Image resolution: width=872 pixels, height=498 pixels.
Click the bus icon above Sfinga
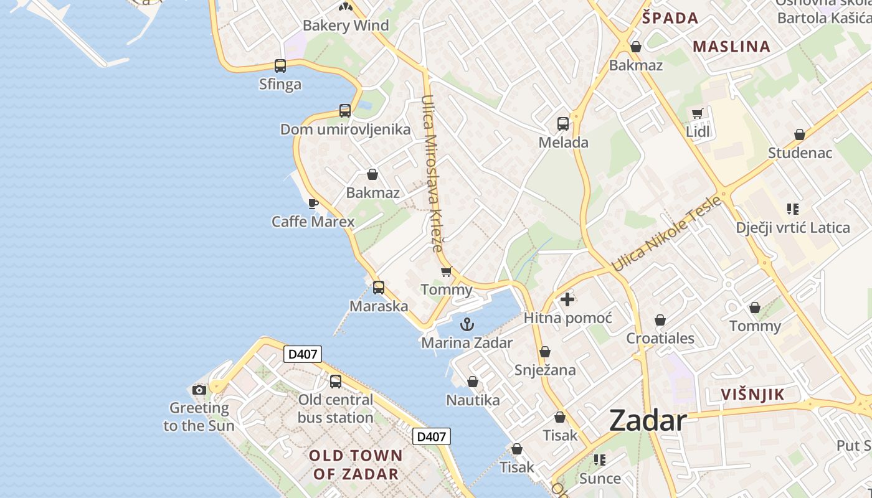pos(280,65)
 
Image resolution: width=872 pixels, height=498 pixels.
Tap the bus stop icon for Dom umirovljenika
pos(345,111)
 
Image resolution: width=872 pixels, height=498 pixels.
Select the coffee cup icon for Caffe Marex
pos(313,204)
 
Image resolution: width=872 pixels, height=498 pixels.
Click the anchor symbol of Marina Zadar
pos(467,324)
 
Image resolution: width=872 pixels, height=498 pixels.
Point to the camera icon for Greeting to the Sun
pos(199,390)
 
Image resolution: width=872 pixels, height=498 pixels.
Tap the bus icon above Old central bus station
pos(336,381)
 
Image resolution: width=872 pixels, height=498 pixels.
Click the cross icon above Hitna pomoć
pos(567,299)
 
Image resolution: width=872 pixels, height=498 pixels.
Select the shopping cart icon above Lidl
pos(698,113)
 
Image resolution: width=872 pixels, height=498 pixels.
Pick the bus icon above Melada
pos(563,124)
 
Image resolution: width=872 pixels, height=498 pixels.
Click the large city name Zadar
pos(648,421)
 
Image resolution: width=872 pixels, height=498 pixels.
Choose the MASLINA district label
pos(731,46)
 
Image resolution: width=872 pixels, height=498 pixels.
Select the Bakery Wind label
pos(346,26)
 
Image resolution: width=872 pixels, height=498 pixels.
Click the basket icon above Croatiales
pos(660,321)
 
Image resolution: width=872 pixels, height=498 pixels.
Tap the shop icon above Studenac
pos(800,134)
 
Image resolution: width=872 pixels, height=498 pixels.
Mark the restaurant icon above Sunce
pos(600,460)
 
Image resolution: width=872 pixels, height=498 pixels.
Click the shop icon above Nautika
pos(473,382)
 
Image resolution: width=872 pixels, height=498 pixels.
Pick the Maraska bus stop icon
pos(379,288)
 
